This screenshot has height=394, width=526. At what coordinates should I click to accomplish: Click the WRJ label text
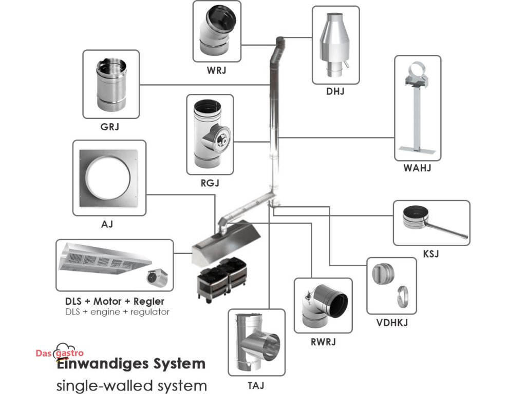217,70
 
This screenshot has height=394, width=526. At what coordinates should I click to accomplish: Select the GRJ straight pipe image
111,85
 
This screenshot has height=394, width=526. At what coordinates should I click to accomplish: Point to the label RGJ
210,182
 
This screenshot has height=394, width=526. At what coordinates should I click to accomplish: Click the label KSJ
431,253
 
